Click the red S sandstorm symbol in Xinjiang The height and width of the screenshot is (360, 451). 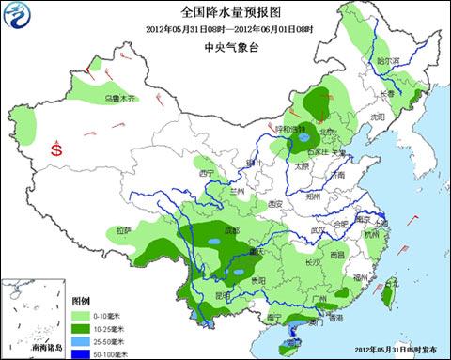point(57,149)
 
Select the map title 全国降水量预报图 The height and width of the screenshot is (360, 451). point(225,12)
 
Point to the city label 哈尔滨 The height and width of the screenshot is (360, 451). point(387,60)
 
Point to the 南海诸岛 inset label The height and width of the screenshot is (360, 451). point(45,348)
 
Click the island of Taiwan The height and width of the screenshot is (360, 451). point(387,295)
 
